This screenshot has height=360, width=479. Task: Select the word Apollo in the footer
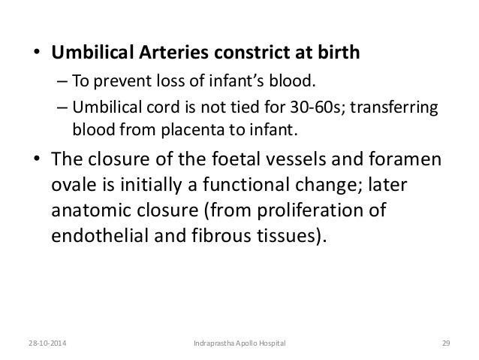pyautogui.click(x=246, y=343)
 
